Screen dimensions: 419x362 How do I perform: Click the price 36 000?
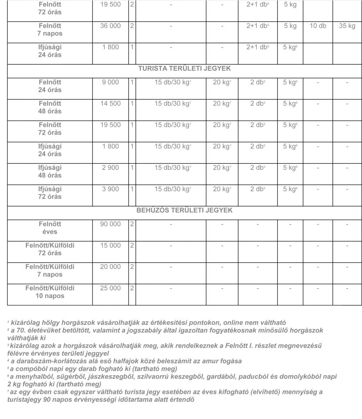111,26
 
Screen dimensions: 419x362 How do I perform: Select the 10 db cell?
318,26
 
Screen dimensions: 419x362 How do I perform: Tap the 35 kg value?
347,26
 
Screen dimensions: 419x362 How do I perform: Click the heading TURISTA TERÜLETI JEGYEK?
184,69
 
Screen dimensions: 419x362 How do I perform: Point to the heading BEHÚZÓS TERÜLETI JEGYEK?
184,210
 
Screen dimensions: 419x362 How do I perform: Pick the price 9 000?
111,82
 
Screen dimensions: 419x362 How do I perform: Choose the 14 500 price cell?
111,104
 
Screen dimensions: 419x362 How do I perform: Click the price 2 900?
111,168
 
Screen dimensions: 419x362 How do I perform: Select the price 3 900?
111,189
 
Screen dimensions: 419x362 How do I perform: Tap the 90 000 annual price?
111,224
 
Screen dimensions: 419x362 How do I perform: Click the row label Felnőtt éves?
50,228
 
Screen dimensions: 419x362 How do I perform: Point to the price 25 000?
111,288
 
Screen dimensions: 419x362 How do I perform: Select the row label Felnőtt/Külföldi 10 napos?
50,292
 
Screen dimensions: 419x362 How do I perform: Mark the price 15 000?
111,246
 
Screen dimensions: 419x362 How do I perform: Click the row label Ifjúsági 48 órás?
50,171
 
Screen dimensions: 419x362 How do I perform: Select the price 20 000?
111,267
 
